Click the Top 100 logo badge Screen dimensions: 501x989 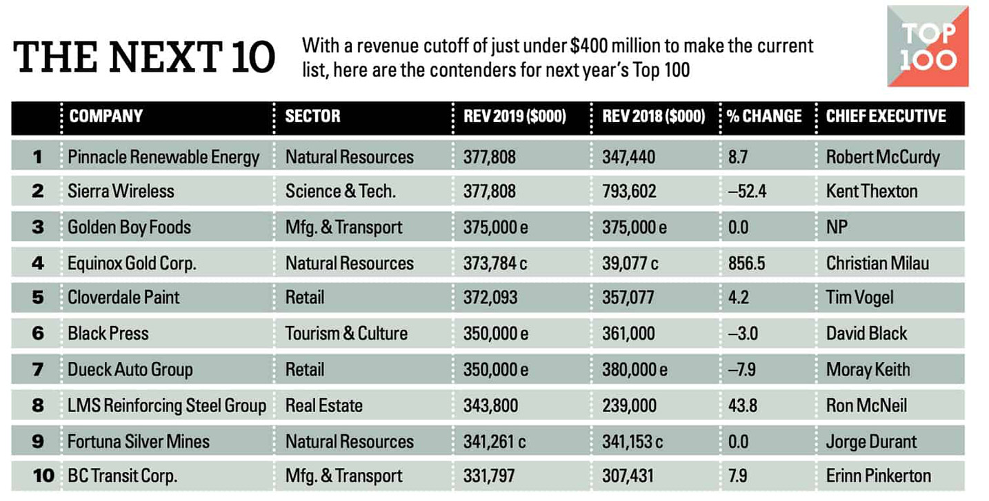927,45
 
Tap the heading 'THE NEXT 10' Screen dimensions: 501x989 144,57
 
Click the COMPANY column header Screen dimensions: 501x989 106,116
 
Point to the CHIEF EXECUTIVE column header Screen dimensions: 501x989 886,116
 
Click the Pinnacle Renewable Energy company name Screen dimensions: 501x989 163,157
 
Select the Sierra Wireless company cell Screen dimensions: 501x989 121,191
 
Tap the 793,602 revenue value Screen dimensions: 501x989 628,191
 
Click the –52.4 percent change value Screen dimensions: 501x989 746,191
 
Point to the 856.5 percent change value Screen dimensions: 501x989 746,263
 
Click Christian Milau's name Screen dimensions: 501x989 877,263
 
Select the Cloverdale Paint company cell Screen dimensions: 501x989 123,298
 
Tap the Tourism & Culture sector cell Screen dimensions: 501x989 346,334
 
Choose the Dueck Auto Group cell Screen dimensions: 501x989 130,369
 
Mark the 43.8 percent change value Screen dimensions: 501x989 742,405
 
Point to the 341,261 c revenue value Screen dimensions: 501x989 495,441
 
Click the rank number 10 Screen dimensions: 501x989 43,476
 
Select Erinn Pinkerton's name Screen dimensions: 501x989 878,476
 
